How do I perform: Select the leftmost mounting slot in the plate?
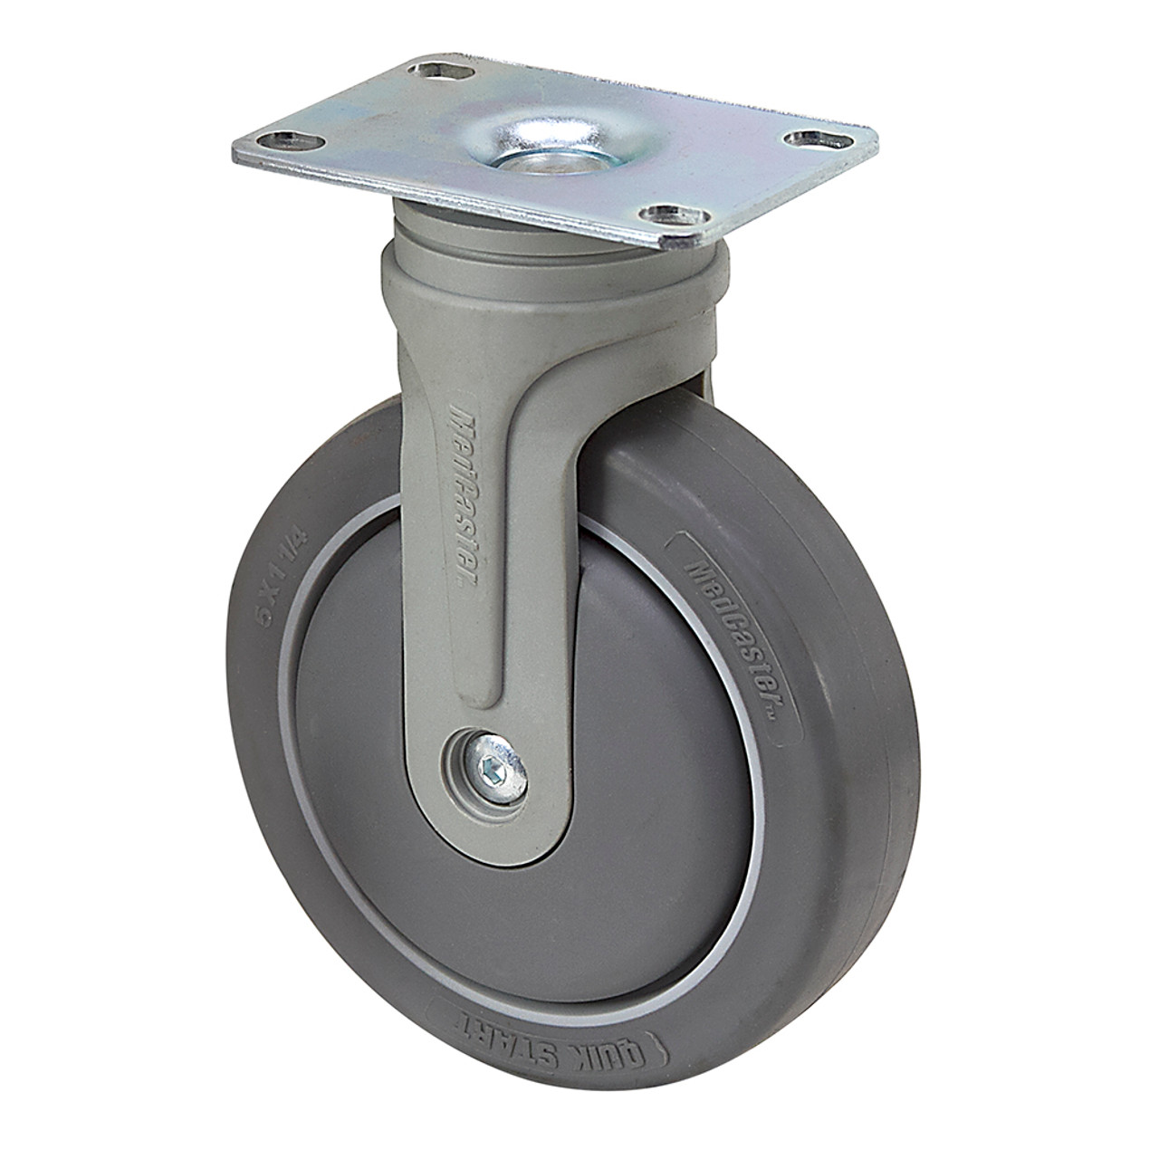286,140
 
